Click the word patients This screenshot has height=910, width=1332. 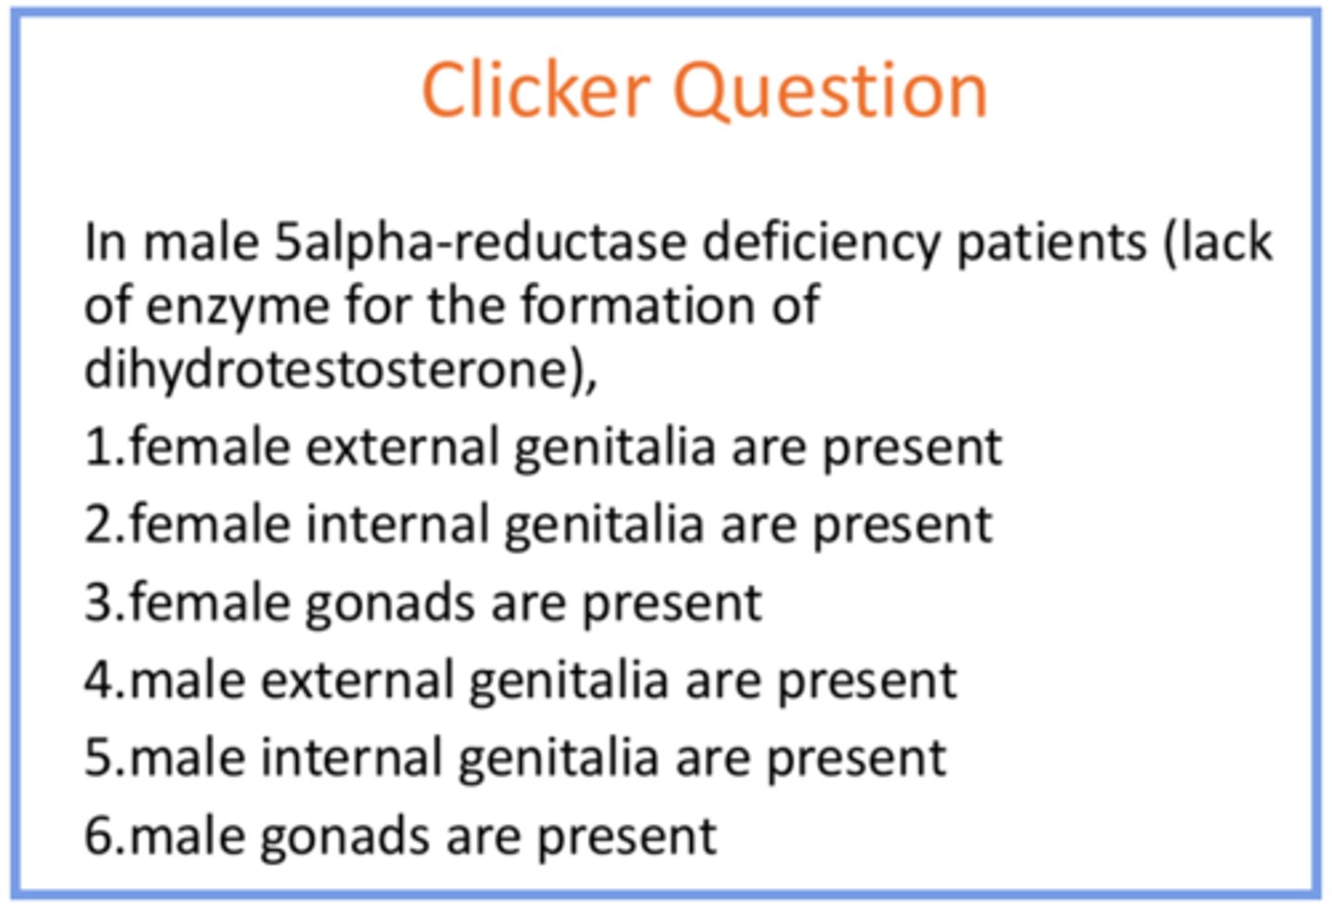coord(1051,243)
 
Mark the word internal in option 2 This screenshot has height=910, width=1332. coord(398,525)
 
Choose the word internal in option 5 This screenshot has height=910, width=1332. coord(351,759)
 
